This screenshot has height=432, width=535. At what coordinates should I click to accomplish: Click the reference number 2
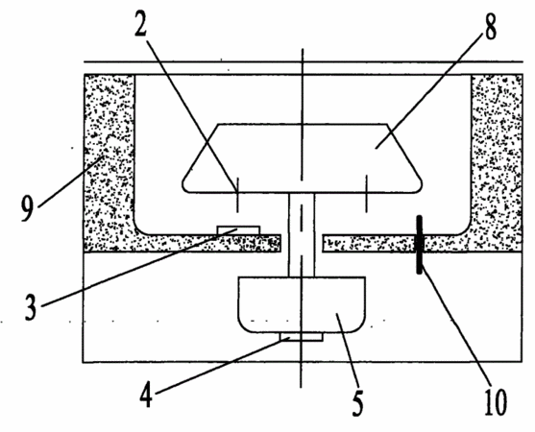tap(141, 23)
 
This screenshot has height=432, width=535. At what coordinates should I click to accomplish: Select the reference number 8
tap(490, 27)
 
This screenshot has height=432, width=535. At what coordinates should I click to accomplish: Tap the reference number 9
tap(28, 209)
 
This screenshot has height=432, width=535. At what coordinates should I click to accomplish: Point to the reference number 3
tap(31, 307)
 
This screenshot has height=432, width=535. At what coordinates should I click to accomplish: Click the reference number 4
tap(146, 395)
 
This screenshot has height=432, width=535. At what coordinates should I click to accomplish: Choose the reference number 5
tap(357, 404)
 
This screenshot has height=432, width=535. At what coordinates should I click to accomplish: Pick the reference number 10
tap(496, 402)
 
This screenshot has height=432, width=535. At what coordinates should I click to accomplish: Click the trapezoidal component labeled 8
tap(303, 158)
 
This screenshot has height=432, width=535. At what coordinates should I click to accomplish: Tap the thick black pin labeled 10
tap(420, 245)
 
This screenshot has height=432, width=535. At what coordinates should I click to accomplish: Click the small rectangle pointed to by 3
tap(239, 230)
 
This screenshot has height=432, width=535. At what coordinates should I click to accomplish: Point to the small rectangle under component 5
tap(302, 337)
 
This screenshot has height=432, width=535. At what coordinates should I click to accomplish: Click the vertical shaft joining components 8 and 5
tap(302, 235)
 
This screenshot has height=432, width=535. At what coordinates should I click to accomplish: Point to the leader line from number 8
tap(429, 88)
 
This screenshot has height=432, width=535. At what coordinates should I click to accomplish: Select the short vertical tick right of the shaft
tap(367, 193)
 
